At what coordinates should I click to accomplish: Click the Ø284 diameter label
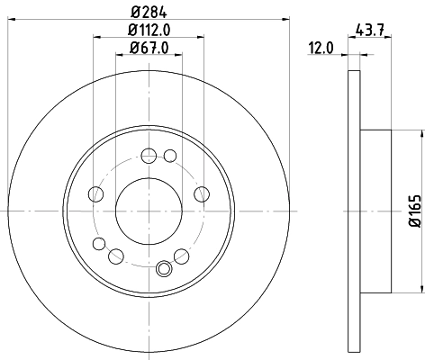(x=148, y=12)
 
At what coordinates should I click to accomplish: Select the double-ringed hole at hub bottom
(x=164, y=267)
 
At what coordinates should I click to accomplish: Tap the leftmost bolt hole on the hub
(x=95, y=192)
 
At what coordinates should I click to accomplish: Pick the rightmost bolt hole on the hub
(x=201, y=192)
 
